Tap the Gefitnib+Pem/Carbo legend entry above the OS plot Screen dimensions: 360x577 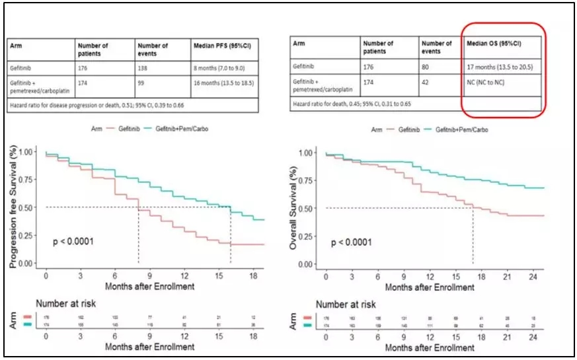465,131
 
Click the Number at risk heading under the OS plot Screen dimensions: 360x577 346,305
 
